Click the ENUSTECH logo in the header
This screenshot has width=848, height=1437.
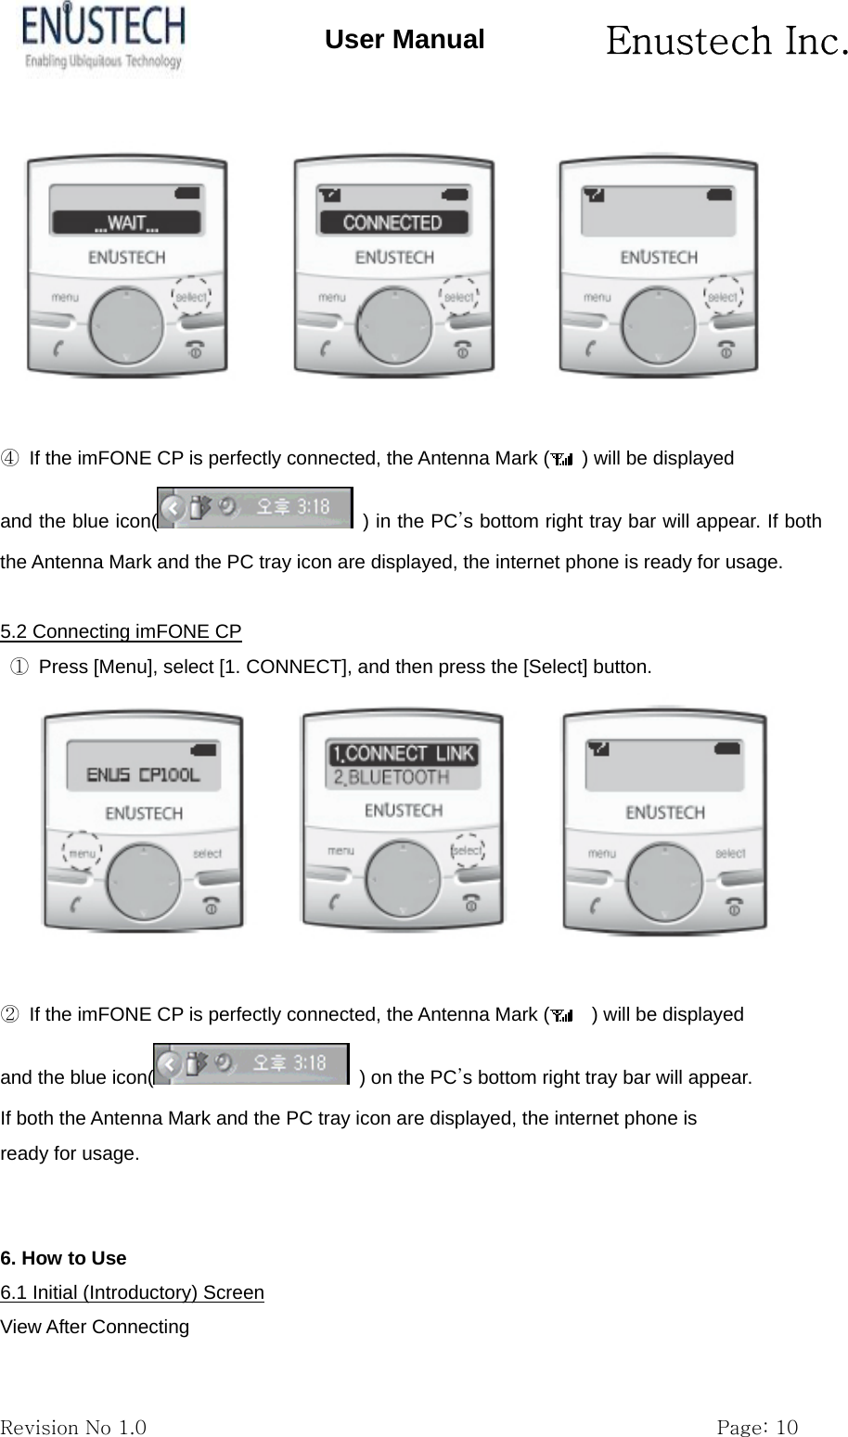coord(103,37)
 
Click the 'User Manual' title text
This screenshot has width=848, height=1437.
coord(405,40)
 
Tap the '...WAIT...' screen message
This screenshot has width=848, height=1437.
coord(126,223)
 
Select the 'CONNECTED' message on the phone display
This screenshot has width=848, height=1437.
coord(392,223)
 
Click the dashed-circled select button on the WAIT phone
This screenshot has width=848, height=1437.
coord(191,298)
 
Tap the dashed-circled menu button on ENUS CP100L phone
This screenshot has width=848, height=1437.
coord(84,851)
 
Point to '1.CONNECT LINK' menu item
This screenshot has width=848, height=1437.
coord(403,753)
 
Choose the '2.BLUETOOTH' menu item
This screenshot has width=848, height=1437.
coord(391,777)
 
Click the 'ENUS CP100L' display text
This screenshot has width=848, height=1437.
coord(143,775)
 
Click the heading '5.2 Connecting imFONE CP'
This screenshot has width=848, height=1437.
coord(121,632)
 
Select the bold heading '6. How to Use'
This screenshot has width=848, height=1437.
coord(63,1258)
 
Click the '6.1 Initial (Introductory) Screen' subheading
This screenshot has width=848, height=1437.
coord(132,1292)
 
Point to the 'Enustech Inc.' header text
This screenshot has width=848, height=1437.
coord(726,41)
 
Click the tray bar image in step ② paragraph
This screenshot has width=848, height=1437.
coord(251,1064)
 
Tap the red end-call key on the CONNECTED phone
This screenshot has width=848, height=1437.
coord(461,350)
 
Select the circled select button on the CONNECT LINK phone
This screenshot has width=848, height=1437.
coord(468,850)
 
